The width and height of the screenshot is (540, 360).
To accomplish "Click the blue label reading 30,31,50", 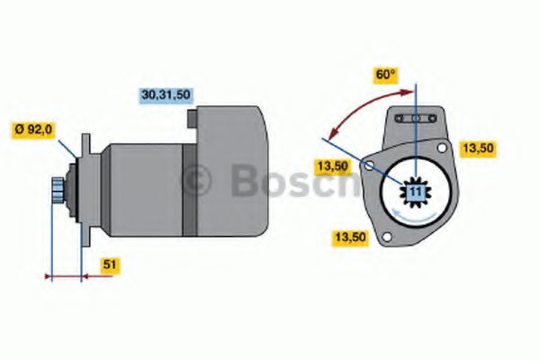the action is (x=166, y=95).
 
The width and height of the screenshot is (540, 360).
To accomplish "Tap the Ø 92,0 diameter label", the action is (x=33, y=130).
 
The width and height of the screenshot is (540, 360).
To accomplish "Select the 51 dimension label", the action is (x=110, y=265).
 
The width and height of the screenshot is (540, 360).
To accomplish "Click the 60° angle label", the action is (x=386, y=75).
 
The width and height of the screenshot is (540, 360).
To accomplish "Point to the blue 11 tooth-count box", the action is (x=416, y=192).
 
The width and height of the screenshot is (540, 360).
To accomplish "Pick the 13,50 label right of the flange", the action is (x=478, y=148).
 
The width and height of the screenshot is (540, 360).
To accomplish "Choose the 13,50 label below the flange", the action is (x=350, y=238).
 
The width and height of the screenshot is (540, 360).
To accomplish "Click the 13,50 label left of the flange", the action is (x=333, y=166).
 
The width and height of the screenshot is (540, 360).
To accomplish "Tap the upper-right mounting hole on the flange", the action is (x=442, y=148).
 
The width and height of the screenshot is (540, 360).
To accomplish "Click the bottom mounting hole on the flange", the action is (x=387, y=237).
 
